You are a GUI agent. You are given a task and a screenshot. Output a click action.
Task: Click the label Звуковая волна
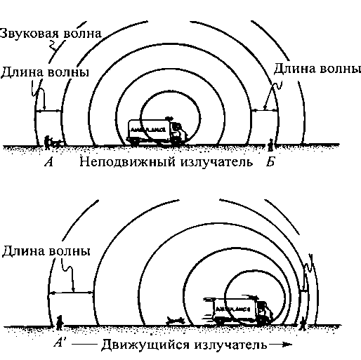51,34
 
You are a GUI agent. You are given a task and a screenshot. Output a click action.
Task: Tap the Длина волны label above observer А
45,72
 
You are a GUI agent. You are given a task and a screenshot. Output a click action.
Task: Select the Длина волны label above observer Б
317,69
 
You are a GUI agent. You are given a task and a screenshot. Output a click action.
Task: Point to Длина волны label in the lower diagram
46,251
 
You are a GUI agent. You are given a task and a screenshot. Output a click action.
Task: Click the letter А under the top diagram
49,161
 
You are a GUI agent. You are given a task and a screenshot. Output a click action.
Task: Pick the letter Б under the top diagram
270,161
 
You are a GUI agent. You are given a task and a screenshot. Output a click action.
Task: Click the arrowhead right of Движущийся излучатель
288,345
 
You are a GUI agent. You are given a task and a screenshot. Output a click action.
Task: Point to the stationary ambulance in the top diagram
157,131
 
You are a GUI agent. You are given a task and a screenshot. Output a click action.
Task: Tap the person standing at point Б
270,145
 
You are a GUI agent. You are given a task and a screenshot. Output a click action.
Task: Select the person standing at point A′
60,323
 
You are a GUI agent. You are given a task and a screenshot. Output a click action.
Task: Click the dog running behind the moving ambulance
175,320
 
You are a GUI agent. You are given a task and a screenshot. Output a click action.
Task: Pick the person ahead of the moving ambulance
303,324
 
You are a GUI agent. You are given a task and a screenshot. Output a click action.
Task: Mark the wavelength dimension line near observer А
48,111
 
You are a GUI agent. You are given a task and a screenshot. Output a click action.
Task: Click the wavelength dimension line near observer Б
264,109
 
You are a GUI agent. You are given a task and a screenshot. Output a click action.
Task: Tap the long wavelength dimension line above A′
71,293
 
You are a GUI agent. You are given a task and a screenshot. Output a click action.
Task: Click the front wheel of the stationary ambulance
176,142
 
